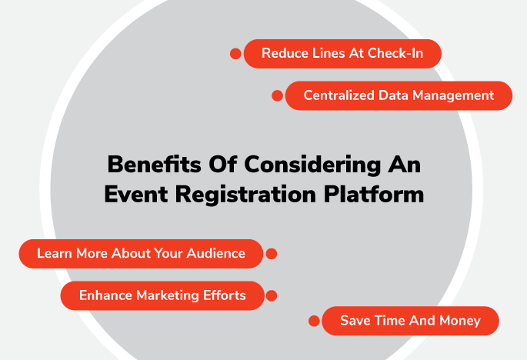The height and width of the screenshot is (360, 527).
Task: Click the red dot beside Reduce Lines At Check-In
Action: point(235,53)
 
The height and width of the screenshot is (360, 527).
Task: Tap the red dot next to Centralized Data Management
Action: point(277,95)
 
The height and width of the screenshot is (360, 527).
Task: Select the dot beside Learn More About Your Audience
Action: point(272,254)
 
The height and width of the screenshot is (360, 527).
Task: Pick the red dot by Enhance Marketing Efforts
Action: point(272,296)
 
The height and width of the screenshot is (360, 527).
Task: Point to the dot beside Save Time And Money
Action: point(314,321)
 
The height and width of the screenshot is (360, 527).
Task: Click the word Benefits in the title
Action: point(155,165)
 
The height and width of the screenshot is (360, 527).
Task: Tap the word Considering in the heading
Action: point(312,165)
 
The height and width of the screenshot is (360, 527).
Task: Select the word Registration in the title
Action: point(245,195)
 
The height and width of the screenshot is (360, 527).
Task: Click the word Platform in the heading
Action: point(374,194)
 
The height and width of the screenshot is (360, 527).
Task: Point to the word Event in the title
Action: point(136,194)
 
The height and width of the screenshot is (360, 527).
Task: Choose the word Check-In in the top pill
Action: point(395,53)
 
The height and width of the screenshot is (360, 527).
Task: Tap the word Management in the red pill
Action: point(453,96)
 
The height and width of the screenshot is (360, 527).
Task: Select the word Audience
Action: point(215,253)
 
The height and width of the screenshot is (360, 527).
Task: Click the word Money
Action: point(460,321)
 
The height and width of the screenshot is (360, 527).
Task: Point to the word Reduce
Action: point(285,53)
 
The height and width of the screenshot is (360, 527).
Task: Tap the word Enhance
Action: point(105,295)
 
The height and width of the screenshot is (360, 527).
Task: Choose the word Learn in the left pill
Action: point(55,253)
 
